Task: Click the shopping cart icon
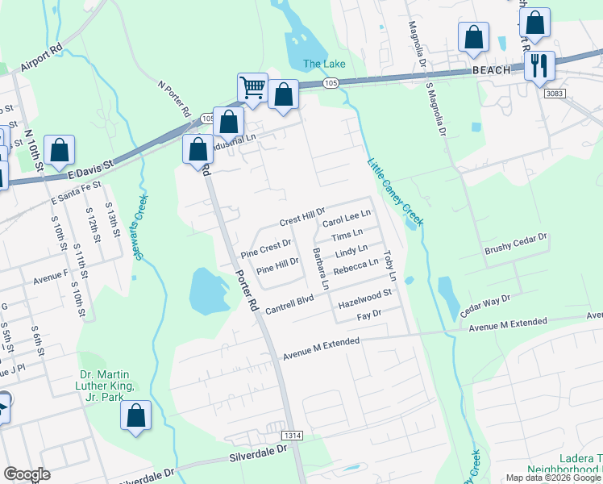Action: click(252, 87)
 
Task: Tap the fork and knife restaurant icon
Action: click(539, 64)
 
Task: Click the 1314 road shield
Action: click(293, 435)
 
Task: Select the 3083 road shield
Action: click(555, 94)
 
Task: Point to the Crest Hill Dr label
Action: click(301, 219)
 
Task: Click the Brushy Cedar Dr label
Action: click(515, 244)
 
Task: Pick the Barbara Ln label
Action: click(320, 269)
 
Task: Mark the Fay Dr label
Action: click(368, 315)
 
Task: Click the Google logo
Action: click(27, 474)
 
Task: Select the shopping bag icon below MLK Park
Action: click(136, 415)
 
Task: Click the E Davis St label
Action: click(91, 168)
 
